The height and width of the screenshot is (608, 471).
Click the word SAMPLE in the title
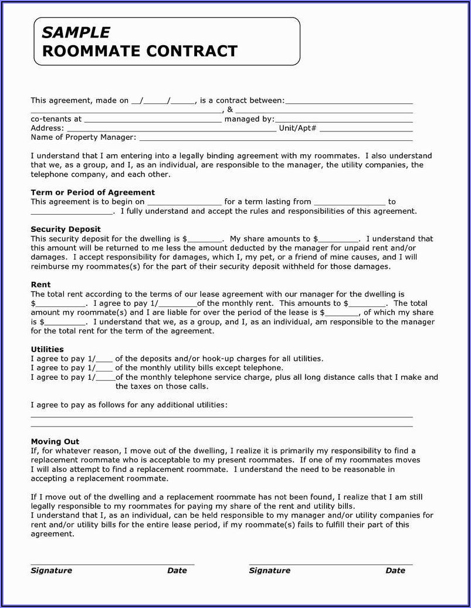pyautogui.click(x=76, y=33)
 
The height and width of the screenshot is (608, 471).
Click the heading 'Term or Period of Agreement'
pyautogui.click(x=93, y=192)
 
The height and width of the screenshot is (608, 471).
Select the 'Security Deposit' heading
pyautogui.click(x=66, y=229)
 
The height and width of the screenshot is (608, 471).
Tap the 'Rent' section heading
pyautogui.click(x=40, y=285)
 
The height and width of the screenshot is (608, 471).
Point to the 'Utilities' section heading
pyautogui.click(x=47, y=349)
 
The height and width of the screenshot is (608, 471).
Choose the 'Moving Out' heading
pyautogui.click(x=55, y=441)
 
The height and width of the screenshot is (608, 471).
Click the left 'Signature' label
pyautogui.click(x=52, y=570)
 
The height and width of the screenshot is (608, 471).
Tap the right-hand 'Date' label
pyautogui.click(x=395, y=570)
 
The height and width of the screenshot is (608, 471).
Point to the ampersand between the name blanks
pyautogui.click(x=230, y=110)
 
